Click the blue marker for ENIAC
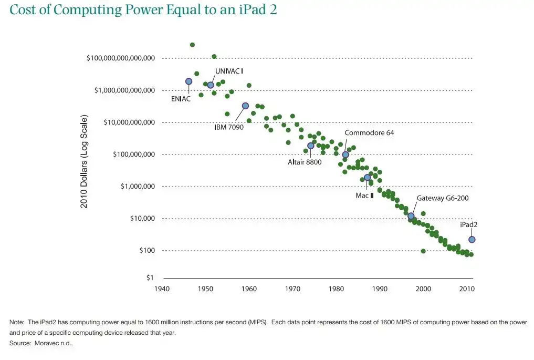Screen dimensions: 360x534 coord(189,81)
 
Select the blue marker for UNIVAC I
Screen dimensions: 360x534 coord(211,85)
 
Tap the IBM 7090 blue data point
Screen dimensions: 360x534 coord(245,106)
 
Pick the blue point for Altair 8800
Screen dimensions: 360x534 coord(310,146)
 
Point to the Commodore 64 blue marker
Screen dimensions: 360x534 coord(345,155)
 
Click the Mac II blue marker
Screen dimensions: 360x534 coord(367,178)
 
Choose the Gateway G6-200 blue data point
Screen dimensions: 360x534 coord(411,216)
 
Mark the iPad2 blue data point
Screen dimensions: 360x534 coord(472,240)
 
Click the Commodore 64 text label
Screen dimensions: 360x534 coord(369,133)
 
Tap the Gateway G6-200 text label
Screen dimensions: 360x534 coord(443,198)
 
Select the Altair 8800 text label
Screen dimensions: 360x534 coord(305,162)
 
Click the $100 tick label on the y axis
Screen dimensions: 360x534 coord(146,251)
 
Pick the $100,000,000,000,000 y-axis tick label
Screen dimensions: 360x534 coord(120,58)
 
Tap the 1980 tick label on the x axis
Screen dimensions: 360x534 coord(337,289)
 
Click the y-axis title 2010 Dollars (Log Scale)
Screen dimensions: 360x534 coord(84,161)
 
